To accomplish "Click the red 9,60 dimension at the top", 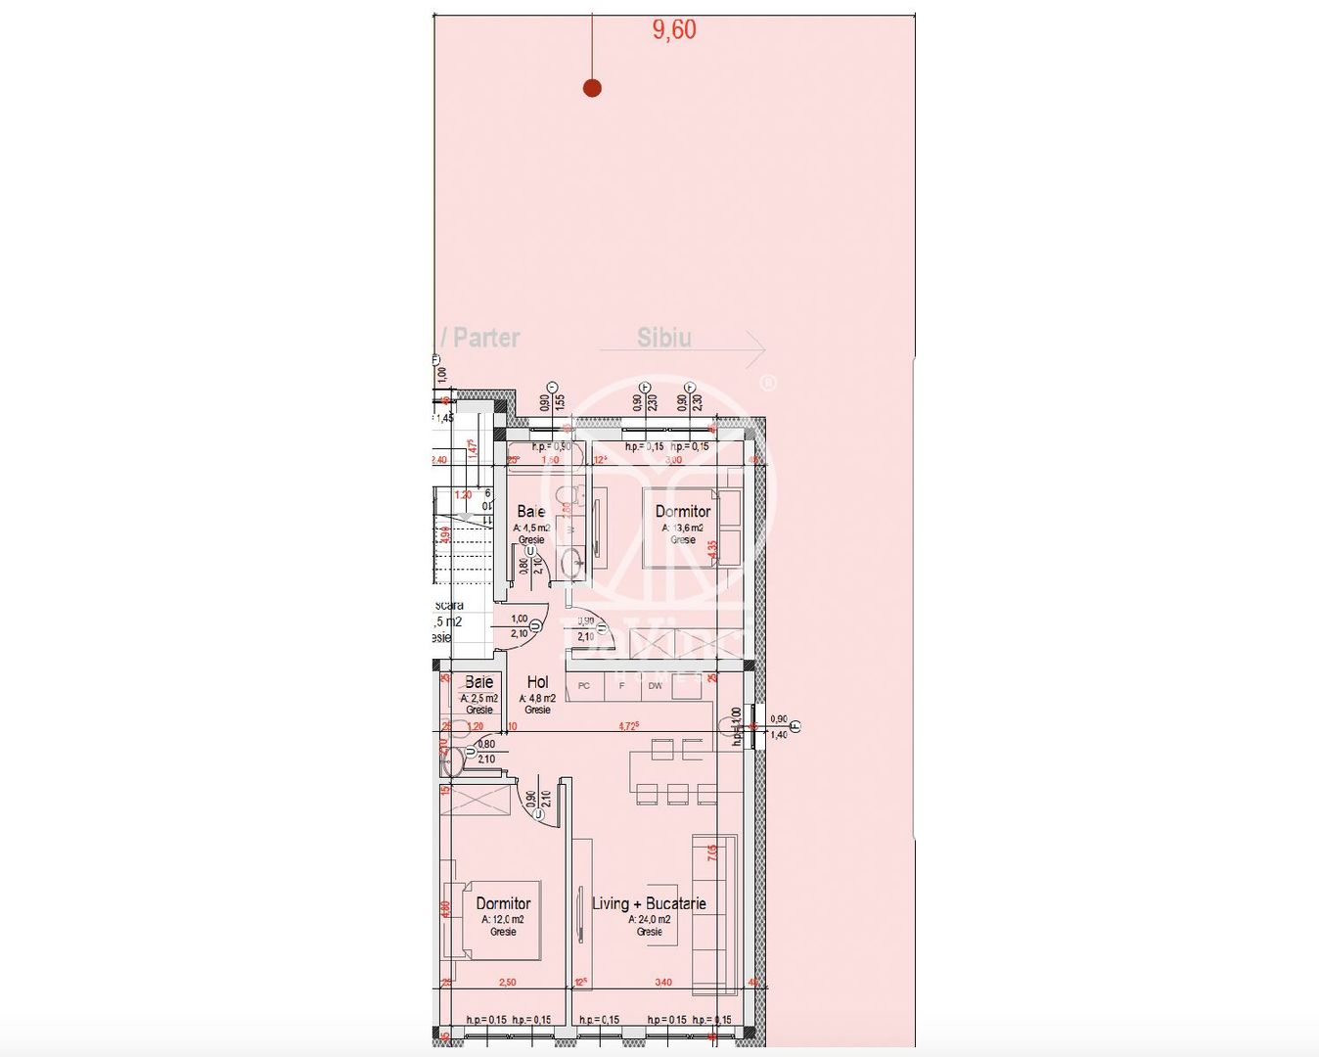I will [674, 30].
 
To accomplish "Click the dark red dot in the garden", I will [592, 88].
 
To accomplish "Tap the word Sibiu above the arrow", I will [664, 338].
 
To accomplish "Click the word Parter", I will [486, 338].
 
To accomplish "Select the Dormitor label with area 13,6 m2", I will [683, 512].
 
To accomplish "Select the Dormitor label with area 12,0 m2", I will [503, 904].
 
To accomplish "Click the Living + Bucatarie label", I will [649, 903].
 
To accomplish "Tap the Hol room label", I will [537, 682].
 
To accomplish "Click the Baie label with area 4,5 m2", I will [531, 512].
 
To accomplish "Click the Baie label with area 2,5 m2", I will [478, 682].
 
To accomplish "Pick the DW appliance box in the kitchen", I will [656, 686].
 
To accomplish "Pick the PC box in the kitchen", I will [584, 686].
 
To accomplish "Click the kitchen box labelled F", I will [621, 686].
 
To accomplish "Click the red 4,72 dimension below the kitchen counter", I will [628, 726].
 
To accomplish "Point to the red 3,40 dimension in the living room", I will [662, 982].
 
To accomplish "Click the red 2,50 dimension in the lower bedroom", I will [507, 982].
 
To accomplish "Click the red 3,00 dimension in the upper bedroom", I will [673, 459].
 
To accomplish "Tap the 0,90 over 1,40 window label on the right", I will [779, 726].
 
